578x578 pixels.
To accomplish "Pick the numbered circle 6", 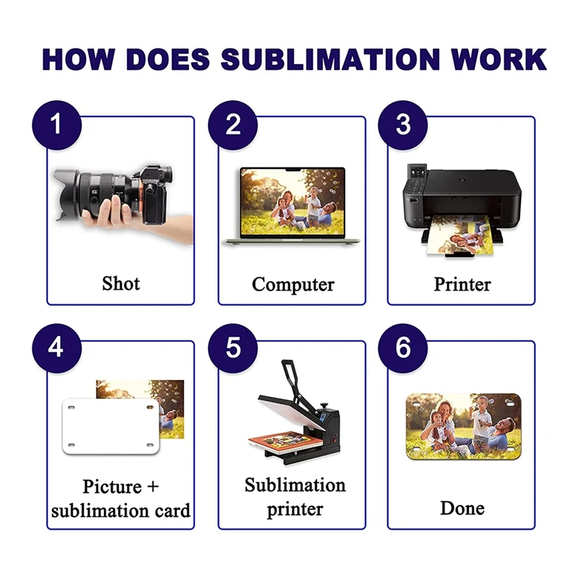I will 403,348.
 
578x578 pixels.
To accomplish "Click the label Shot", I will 121,282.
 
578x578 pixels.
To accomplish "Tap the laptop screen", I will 293,200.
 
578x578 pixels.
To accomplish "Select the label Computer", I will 293,284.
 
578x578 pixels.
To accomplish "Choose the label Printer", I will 462,284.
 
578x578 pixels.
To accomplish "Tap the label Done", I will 462,507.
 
